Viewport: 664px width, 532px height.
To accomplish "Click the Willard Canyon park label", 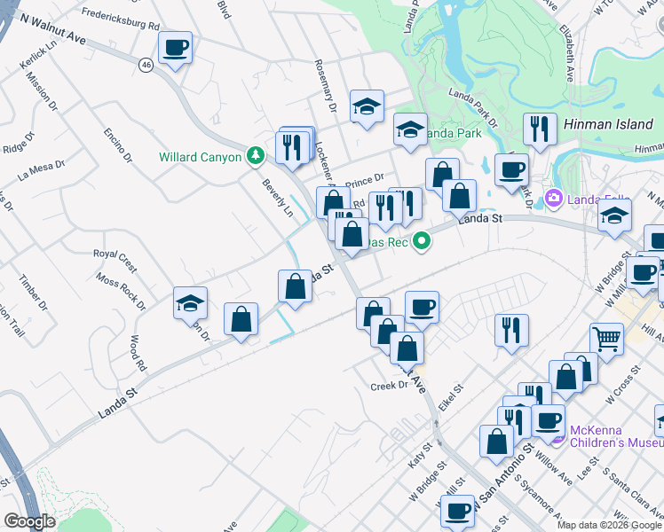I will coord(200,157).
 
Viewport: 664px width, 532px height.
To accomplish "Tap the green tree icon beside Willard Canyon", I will coord(257,156).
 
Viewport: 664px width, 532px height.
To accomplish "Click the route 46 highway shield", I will coord(146,64).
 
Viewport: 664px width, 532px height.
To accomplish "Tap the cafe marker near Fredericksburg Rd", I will coord(176,49).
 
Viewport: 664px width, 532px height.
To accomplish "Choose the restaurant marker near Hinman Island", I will coord(539,129).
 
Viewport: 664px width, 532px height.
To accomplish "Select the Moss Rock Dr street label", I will coord(121,293).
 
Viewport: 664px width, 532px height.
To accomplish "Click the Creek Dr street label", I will coord(388,386).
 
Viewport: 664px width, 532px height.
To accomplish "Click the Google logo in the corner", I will coord(29,520).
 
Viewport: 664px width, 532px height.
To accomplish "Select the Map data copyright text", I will coord(609,525).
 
